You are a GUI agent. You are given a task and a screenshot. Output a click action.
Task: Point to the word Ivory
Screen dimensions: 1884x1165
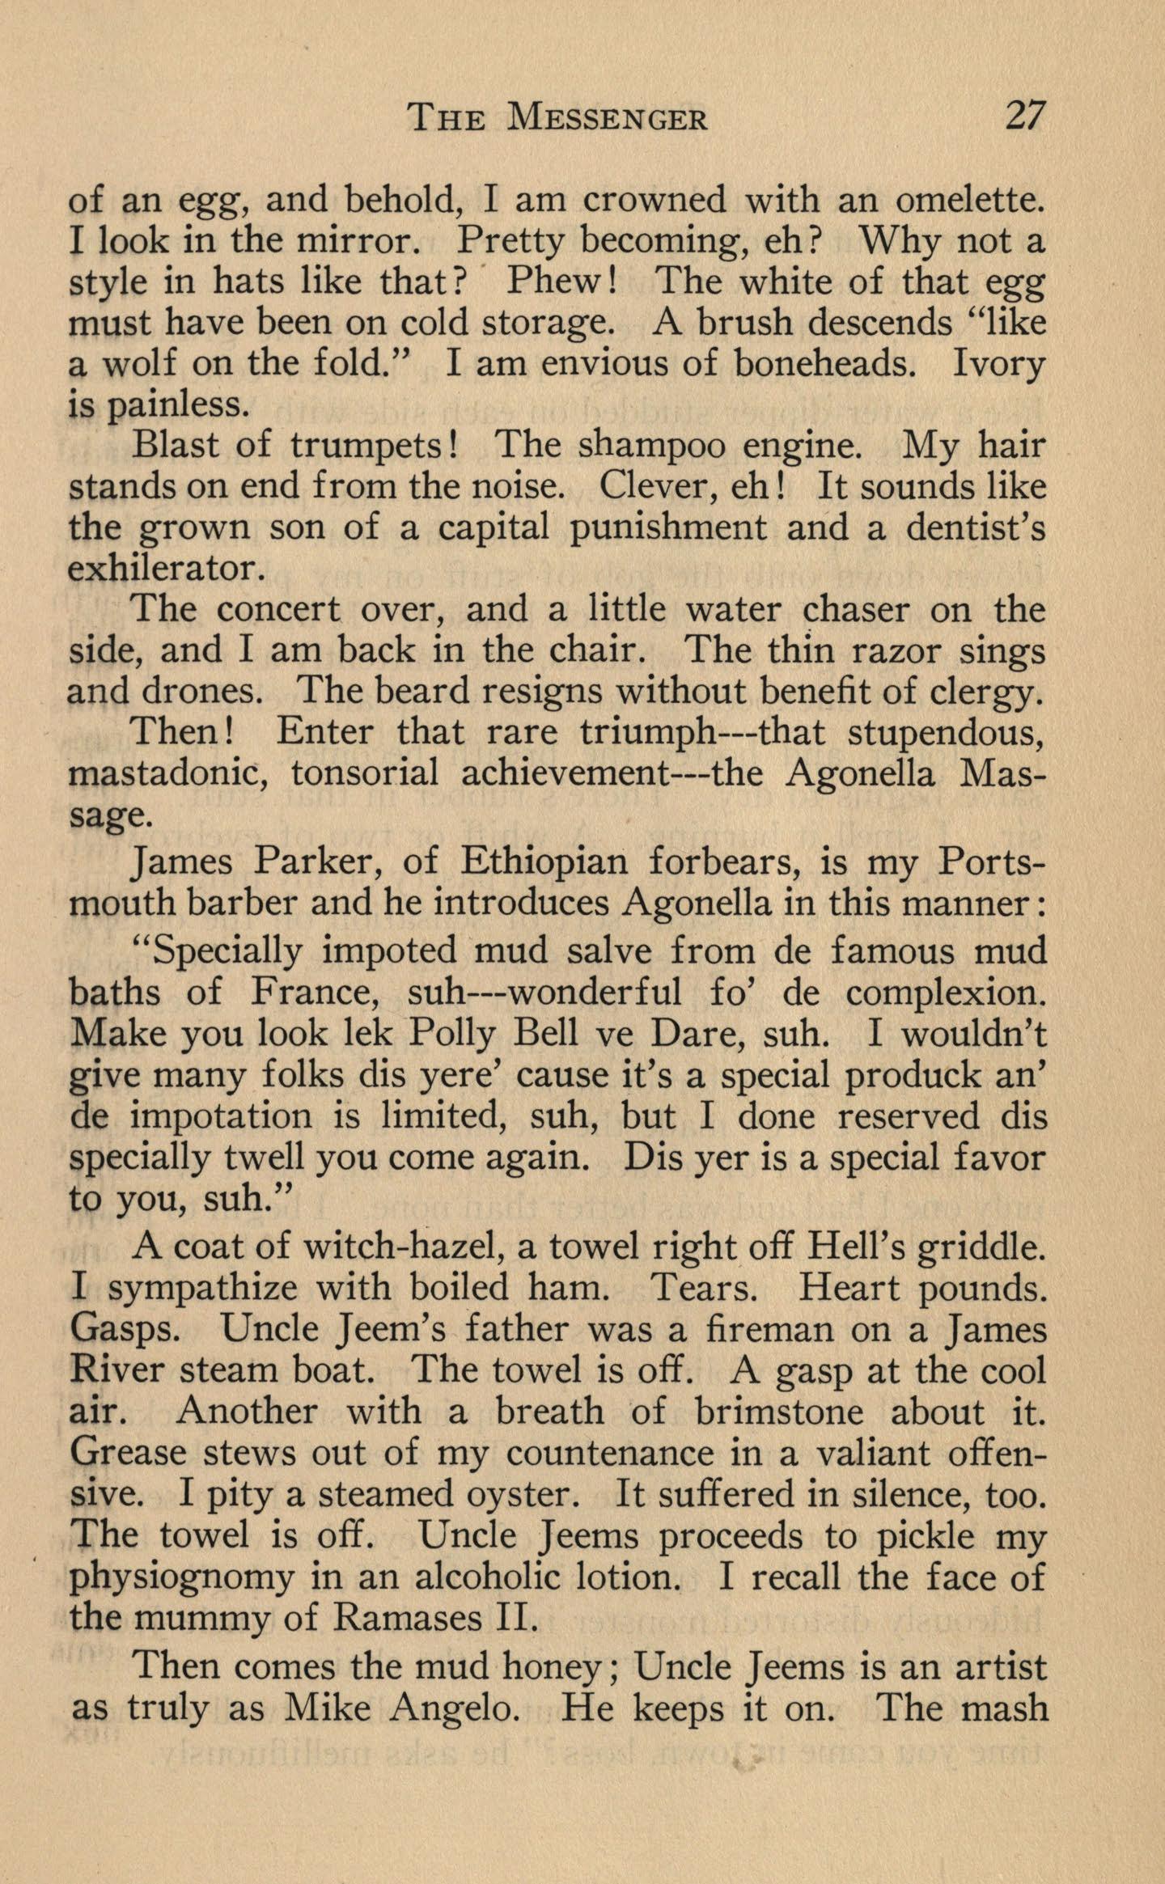[999, 364]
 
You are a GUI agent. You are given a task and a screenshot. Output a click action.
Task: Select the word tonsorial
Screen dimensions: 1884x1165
[364, 774]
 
